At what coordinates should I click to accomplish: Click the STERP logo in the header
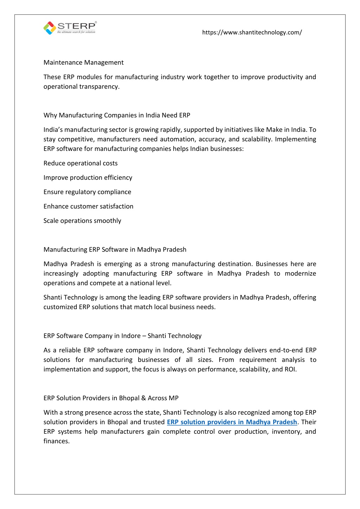click(70, 28)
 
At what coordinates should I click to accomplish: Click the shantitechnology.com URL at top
click(252, 32)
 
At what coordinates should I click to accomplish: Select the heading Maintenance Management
click(83, 63)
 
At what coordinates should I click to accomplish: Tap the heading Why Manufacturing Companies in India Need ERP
click(117, 115)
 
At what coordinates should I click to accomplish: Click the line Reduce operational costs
click(81, 163)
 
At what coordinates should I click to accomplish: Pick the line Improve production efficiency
click(88, 178)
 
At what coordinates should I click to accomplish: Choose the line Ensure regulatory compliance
click(87, 192)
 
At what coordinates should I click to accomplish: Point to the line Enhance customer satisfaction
click(88, 206)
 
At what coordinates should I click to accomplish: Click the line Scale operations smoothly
click(82, 221)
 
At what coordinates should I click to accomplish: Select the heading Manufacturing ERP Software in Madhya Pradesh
click(115, 250)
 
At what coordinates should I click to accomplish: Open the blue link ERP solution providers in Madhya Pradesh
click(232, 422)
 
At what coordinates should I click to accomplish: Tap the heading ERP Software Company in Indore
click(122, 336)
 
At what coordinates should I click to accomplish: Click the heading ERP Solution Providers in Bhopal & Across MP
click(111, 398)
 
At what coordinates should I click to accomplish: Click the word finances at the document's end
click(56, 441)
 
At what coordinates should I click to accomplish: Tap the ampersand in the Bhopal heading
click(143, 398)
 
